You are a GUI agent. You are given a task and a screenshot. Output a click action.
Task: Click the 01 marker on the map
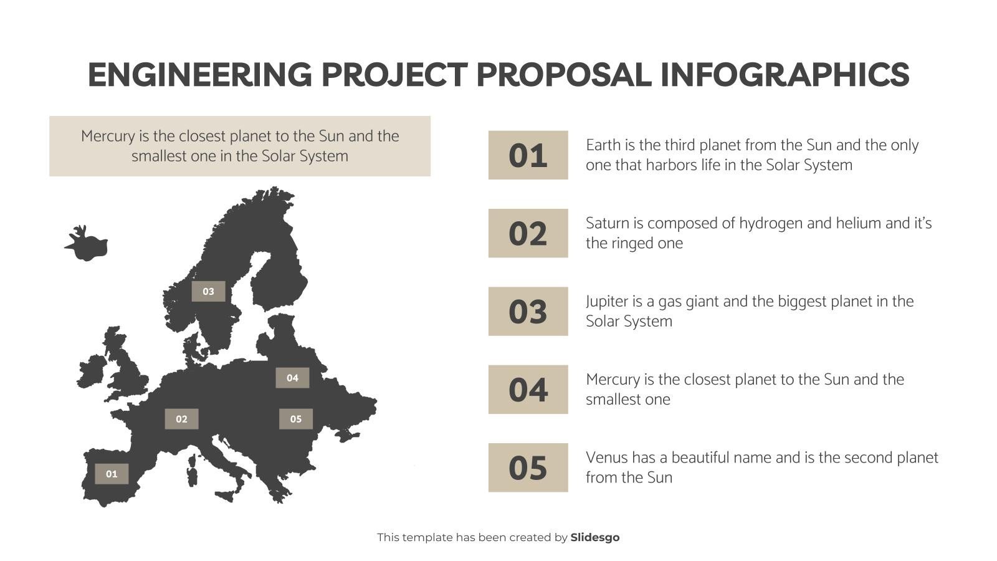(112, 474)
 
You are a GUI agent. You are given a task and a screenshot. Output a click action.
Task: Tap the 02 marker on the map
(181, 419)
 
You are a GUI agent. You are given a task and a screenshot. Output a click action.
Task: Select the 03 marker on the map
(208, 291)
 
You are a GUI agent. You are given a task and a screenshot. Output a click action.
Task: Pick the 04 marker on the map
(292, 378)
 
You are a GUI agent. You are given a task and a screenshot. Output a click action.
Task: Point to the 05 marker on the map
(295, 419)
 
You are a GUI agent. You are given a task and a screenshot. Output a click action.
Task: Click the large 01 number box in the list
(528, 155)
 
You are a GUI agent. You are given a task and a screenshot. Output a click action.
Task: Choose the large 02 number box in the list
(528, 233)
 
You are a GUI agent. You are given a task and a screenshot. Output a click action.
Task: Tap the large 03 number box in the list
(528, 312)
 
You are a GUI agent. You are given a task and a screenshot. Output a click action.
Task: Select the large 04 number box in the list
(528, 390)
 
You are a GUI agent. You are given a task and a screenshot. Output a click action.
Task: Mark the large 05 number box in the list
(528, 467)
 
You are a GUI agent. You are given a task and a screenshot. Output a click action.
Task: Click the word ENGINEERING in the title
(199, 75)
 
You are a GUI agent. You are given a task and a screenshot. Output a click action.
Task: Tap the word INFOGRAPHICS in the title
(785, 75)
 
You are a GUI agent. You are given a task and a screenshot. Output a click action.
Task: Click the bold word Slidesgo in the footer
(595, 537)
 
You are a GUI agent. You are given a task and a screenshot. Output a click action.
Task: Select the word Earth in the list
(602, 145)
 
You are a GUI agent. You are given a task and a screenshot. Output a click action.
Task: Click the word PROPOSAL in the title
(564, 75)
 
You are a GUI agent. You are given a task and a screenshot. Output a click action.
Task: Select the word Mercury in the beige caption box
(108, 136)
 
